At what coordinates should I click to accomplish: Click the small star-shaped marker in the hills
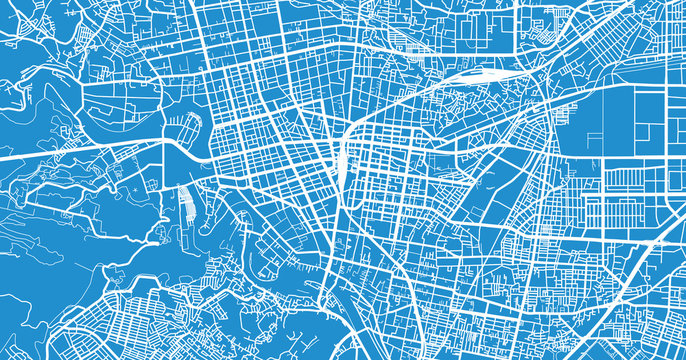pyautogui.click(x=131, y=188)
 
